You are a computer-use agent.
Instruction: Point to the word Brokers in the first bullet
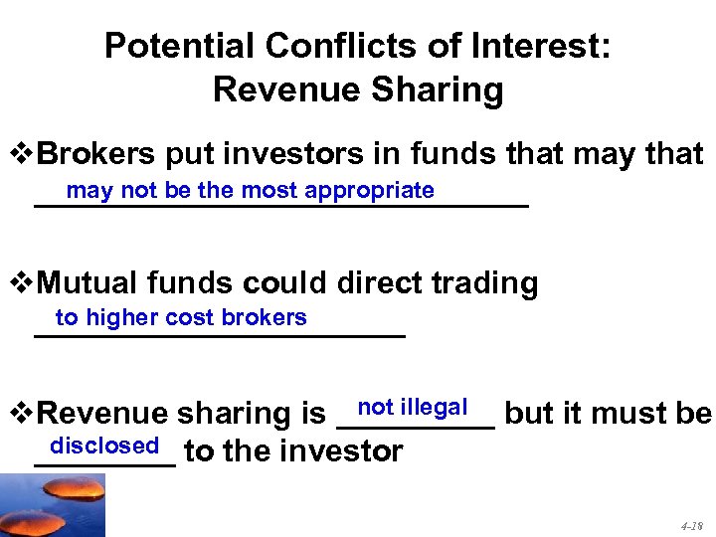pyautogui.click(x=97, y=154)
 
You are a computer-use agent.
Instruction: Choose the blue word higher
pyautogui.click(x=121, y=317)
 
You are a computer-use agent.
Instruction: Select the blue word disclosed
pyautogui.click(x=104, y=445)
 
